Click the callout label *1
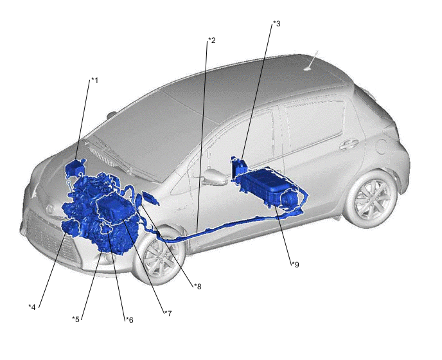[94, 81]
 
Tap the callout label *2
[211, 40]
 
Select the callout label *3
[276, 24]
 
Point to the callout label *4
[32, 307]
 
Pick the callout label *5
[76, 319]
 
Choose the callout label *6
[129, 320]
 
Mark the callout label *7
[168, 314]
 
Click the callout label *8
[197, 287]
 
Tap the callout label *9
[295, 265]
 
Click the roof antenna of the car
[312, 62]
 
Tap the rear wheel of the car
[371, 199]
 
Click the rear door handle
[348, 145]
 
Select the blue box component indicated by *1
[75, 168]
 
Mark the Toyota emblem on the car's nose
[50, 210]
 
